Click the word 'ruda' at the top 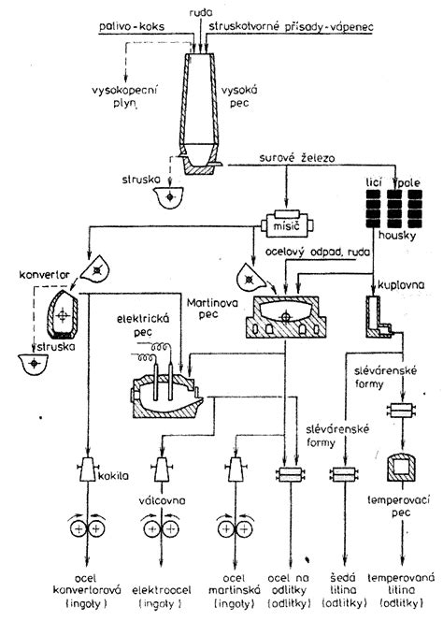click(201, 13)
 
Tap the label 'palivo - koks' click(132, 26)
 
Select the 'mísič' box click(287, 224)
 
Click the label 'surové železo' click(297, 158)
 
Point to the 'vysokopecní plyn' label click(125, 97)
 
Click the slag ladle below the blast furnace click(169, 196)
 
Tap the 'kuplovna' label click(401, 284)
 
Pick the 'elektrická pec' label click(143, 325)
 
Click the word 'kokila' click(113, 475)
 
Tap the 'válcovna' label click(162, 500)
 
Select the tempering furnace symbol click(403, 468)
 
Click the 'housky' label click(397, 236)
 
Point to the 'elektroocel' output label click(161, 590)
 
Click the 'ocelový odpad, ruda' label click(318, 253)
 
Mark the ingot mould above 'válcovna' click(162, 469)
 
